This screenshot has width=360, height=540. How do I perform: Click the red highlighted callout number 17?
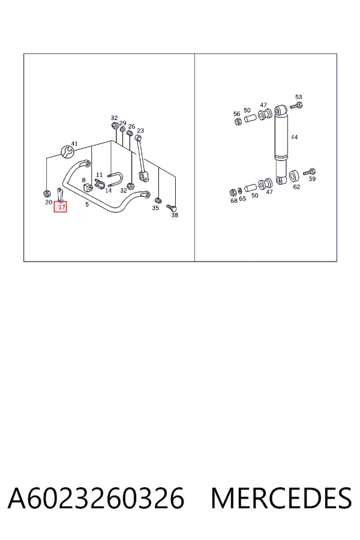pos(60,207)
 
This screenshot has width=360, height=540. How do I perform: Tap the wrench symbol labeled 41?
pos(67,151)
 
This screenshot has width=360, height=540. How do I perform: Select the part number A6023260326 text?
pos(96,498)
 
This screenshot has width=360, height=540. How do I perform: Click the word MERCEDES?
pos(281,498)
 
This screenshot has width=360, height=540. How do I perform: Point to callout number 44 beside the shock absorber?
pos(294,137)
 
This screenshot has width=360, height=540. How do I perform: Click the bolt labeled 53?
pos(296,106)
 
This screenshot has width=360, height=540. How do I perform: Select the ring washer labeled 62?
pos(294,176)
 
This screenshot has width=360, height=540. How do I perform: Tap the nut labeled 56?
pos(238,121)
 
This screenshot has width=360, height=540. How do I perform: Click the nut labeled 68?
pos(233,192)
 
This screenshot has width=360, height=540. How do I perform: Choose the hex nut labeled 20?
pos(47,193)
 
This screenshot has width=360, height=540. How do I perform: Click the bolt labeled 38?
pos(171,208)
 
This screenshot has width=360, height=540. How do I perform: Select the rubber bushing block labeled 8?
pos(86,188)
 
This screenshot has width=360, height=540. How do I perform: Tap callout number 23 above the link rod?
pos(140,131)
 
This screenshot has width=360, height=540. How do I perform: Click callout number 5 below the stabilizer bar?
pos(87,204)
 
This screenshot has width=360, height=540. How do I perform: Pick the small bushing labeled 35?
pos(158,200)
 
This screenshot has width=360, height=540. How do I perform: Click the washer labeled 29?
pos(122,130)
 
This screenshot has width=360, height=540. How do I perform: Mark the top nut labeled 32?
pos(114,125)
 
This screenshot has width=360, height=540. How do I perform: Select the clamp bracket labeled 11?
pos(100,184)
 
